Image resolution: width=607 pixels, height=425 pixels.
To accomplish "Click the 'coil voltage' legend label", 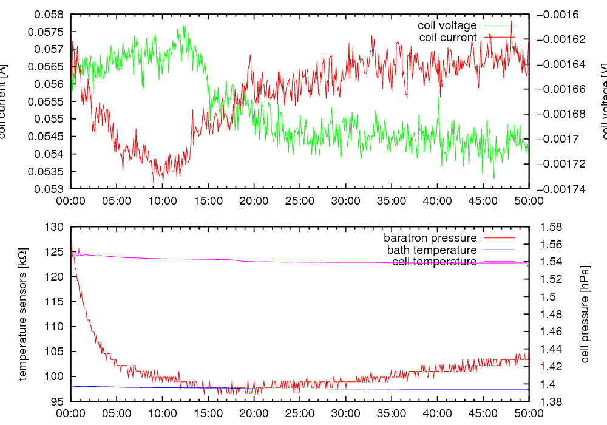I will [x=447, y=25].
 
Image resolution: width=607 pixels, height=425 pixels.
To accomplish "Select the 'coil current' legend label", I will [x=449, y=38].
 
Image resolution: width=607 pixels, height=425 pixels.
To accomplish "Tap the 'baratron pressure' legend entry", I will [x=430, y=237].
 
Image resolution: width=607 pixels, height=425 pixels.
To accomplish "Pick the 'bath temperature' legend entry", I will [x=432, y=250].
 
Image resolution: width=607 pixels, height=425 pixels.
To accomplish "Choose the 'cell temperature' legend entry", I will [x=435, y=262].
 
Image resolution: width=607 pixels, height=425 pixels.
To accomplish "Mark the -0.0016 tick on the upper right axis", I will [x=558, y=14].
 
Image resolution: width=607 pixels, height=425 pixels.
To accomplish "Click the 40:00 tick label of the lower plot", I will [x=437, y=413].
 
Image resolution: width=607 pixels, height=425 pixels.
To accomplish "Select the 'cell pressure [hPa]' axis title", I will [x=585, y=314].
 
